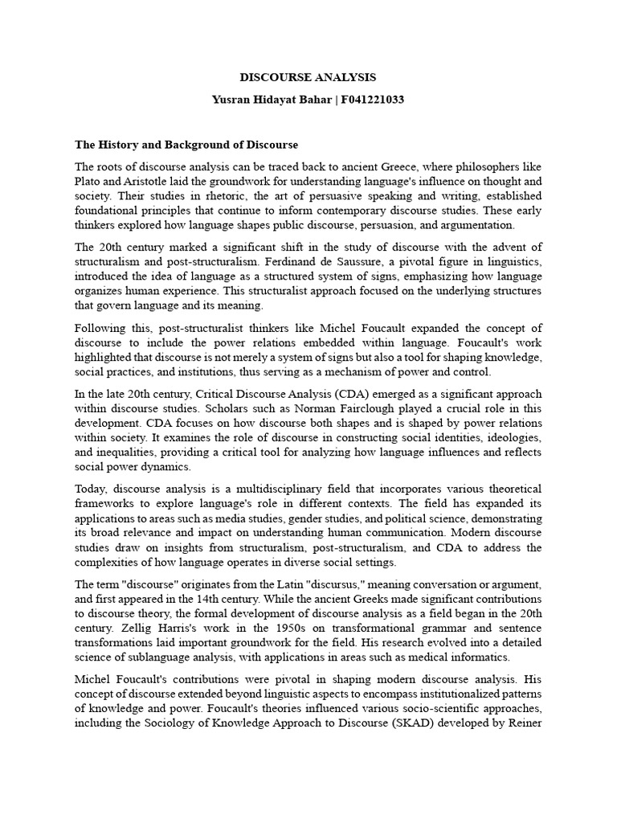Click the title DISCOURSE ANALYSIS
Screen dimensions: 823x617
(x=308, y=78)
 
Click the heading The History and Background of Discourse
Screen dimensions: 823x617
(x=186, y=145)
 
